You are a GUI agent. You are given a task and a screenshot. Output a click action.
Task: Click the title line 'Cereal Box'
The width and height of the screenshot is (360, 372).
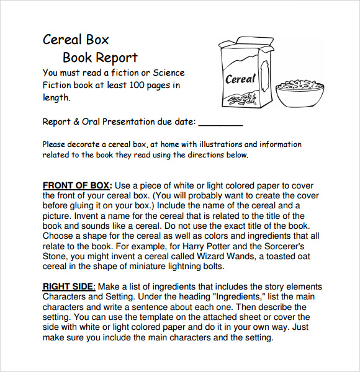pos(76,40)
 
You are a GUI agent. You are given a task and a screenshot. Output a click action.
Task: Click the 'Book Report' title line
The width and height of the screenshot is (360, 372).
pos(100,58)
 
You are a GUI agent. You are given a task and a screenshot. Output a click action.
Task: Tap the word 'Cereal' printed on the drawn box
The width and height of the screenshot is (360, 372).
pos(240,79)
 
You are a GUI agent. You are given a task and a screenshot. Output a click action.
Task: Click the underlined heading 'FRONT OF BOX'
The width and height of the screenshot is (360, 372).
pos(76,185)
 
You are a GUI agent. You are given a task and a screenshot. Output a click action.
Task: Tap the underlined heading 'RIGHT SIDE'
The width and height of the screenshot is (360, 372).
pos(68,286)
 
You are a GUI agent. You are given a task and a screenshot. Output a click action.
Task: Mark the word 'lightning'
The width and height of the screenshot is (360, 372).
pos(180,267)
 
